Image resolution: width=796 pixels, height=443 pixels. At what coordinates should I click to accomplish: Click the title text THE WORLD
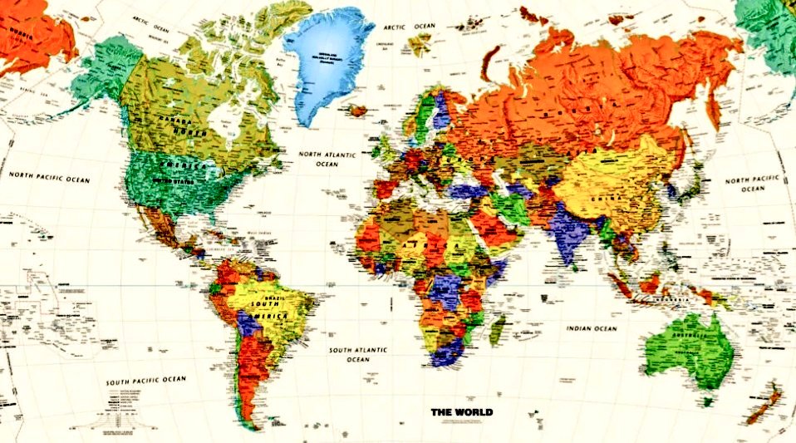pyautogui.click(x=461, y=411)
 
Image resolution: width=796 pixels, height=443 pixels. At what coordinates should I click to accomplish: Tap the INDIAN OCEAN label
pyautogui.click(x=592, y=328)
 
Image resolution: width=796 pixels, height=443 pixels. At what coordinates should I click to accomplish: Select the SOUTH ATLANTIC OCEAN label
pyautogui.click(x=358, y=355)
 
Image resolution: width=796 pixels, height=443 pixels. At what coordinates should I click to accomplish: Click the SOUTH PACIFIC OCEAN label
pyautogui.click(x=146, y=380)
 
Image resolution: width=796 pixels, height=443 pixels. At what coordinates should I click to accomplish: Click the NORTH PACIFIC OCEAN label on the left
pyautogui.click(x=49, y=176)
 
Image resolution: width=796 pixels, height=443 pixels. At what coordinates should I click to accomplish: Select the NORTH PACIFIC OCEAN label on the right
pyautogui.click(x=753, y=184)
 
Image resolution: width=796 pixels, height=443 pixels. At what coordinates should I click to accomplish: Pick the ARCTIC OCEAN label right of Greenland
pyautogui.click(x=409, y=27)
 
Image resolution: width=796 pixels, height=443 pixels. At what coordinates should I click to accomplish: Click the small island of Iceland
pyautogui.click(x=359, y=109)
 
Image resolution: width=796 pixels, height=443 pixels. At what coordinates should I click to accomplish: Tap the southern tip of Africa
pyautogui.click(x=447, y=361)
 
